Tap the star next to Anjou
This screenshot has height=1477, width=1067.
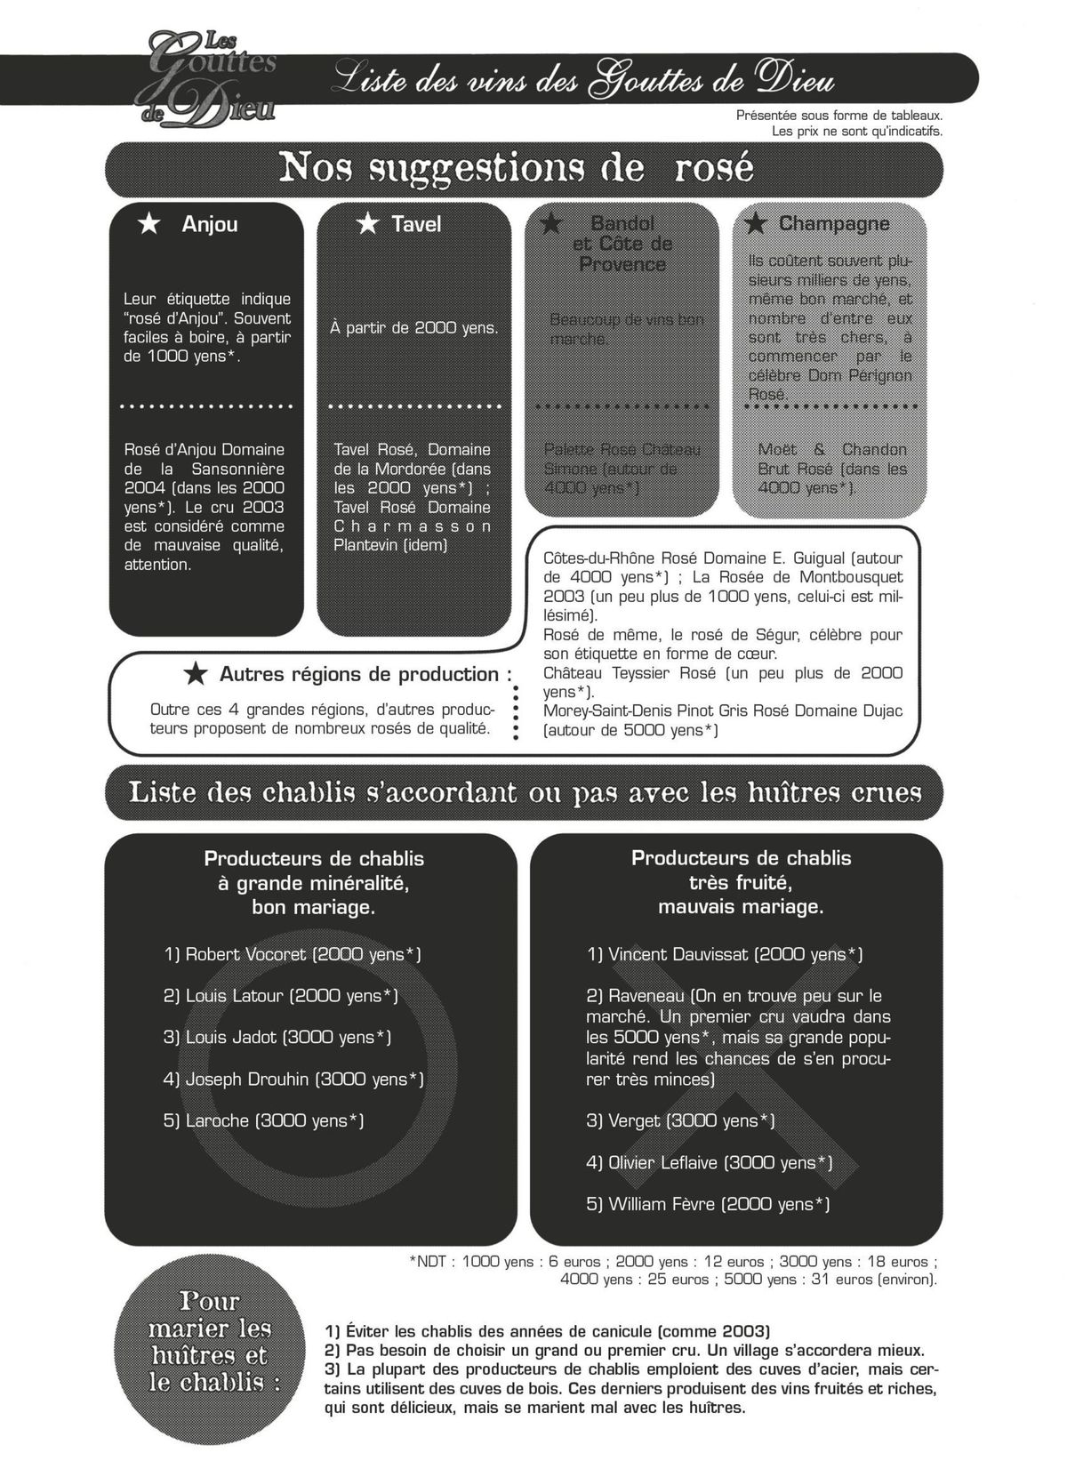click(x=149, y=224)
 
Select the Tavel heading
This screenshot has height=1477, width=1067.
click(x=416, y=224)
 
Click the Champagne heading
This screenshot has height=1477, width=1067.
click(x=833, y=223)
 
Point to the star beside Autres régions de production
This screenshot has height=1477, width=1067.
click(x=196, y=674)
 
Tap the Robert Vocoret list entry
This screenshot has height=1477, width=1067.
click(x=292, y=954)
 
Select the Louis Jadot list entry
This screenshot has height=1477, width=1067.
click(x=277, y=1037)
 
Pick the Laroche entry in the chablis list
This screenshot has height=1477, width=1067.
click(x=263, y=1120)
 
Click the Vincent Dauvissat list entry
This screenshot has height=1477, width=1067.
click(x=724, y=954)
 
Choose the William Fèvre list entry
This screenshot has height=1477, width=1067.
click(x=707, y=1204)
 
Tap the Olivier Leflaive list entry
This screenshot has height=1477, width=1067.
click(x=709, y=1162)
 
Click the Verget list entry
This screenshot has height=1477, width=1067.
click(x=679, y=1120)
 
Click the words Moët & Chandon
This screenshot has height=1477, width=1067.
click(x=832, y=449)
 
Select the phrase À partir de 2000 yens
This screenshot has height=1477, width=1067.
click(x=413, y=328)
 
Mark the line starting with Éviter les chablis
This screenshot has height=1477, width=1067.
click(x=548, y=1331)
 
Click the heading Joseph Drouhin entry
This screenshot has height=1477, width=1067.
click(x=293, y=1079)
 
